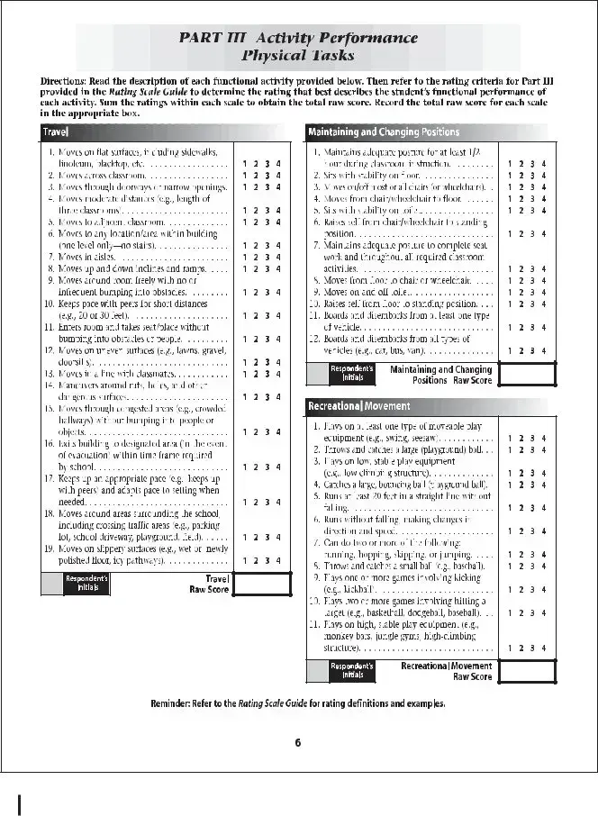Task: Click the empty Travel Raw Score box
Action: [261, 584]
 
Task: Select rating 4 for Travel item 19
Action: [279, 560]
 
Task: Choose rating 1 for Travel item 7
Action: [244, 256]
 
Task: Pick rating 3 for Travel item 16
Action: [267, 467]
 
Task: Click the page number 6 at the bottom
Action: [298, 742]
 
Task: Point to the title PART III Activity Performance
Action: [298, 38]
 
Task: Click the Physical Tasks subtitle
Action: [298, 56]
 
